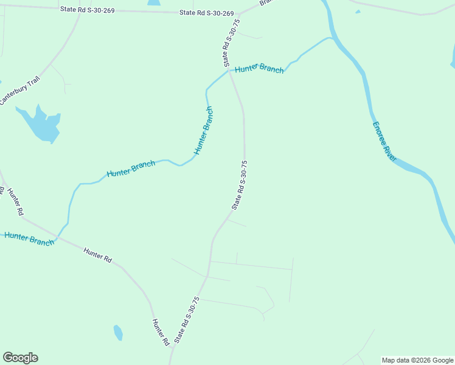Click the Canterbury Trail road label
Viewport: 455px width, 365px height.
pyautogui.click(x=19, y=89)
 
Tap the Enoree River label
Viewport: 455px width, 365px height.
pyautogui.click(x=384, y=141)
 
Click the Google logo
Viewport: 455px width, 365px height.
pyautogui.click(x=20, y=358)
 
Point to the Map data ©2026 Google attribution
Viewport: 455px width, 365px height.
pyautogui.click(x=418, y=360)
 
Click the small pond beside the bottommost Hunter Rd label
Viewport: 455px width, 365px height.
pyautogui.click(x=118, y=333)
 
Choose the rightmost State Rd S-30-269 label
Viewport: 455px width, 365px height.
pyautogui.click(x=207, y=13)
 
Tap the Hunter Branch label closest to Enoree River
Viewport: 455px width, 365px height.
pyautogui.click(x=259, y=69)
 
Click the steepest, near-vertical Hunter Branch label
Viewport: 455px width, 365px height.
pyautogui.click(x=204, y=130)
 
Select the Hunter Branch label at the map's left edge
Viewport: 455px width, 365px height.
pyautogui.click(x=29, y=238)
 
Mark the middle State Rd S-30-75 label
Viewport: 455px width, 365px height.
pyautogui.click(x=239, y=185)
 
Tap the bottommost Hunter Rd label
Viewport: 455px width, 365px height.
pyautogui.click(x=160, y=332)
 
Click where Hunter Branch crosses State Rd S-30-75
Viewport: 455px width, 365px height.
pyautogui.click(x=229, y=71)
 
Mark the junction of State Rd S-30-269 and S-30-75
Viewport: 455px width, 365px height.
pyautogui.click(x=239, y=14)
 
